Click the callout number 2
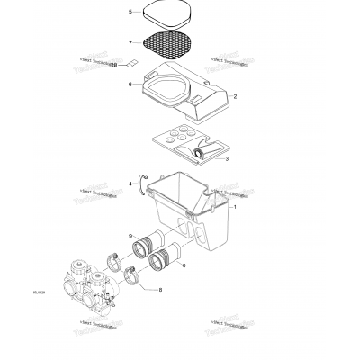click(235, 95)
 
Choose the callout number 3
click(226, 158)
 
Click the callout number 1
click(235, 206)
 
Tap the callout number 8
click(160, 290)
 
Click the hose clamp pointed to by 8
click(131, 276)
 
